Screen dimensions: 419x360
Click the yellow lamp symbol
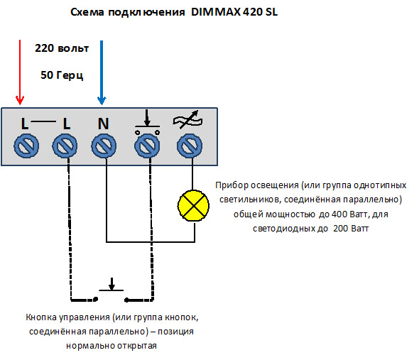(x=193, y=205)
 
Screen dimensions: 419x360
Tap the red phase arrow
(x=20, y=72)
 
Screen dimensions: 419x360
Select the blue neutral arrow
(x=102, y=72)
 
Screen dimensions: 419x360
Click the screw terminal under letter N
(x=104, y=146)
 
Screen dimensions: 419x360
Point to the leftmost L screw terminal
(x=26, y=146)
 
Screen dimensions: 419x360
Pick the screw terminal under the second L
(x=65, y=146)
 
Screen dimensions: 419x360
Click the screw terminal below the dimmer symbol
(x=190, y=146)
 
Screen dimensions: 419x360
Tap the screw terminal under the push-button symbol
(x=147, y=146)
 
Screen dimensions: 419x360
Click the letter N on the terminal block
(x=104, y=124)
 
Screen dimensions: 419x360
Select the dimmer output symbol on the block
(x=187, y=119)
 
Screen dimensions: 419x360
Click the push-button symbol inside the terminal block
(x=147, y=122)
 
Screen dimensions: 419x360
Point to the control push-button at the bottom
(x=111, y=290)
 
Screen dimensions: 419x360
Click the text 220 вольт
(x=62, y=48)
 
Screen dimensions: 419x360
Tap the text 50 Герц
(x=62, y=75)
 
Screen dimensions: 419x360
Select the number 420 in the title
(x=253, y=12)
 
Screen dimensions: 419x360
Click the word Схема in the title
(x=87, y=12)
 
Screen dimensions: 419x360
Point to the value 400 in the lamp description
(x=339, y=214)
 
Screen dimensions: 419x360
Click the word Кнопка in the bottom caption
(x=41, y=317)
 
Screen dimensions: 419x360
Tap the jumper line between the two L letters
(x=43, y=121)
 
